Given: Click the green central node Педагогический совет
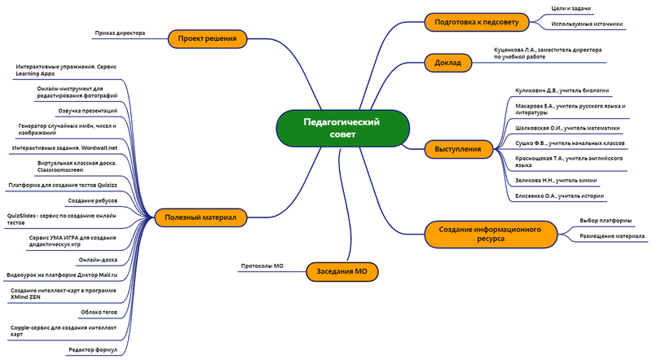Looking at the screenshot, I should tap(341, 128).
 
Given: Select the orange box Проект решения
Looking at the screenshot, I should tap(207, 37).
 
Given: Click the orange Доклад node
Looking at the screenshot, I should tap(448, 62).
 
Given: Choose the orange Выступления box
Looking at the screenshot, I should tap(457, 149).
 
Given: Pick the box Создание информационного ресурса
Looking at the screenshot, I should tap(491, 235).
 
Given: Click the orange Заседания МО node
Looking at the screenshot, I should tap(342, 271).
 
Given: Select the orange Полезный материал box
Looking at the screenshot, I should tap(200, 217).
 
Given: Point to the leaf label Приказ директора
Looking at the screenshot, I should tap(120, 33).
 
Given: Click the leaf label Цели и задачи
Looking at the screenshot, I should tap(571, 9).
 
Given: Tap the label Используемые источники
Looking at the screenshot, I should tap(587, 24).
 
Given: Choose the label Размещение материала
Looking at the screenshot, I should tap(612, 236).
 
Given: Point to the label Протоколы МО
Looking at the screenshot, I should tap(262, 266).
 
